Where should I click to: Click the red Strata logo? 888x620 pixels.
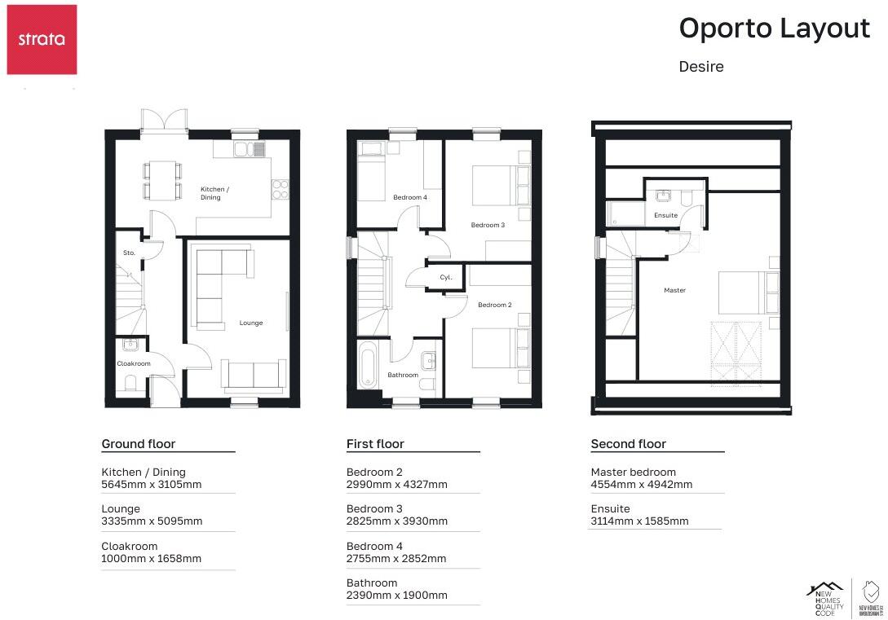tap(42, 39)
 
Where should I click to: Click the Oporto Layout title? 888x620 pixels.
tap(774, 29)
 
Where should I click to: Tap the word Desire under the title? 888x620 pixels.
tap(701, 67)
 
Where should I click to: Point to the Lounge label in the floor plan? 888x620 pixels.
tap(251, 323)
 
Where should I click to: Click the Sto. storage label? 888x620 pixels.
tap(129, 253)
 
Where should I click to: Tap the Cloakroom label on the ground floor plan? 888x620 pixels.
tap(134, 364)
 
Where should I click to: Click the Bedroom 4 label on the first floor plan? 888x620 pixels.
tap(409, 198)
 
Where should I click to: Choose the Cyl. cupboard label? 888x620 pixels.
tap(446, 278)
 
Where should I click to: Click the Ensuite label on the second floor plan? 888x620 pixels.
tap(666, 216)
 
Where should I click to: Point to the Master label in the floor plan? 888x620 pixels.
tap(674, 291)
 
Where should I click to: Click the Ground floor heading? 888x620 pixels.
tap(138, 444)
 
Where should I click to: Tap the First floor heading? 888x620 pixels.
tap(375, 444)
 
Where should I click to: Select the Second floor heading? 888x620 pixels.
tap(628, 444)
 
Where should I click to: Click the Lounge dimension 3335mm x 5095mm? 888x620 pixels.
tap(152, 521)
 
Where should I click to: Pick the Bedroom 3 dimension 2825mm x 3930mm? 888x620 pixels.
tap(397, 521)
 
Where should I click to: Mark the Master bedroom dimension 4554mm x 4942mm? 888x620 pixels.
tap(642, 484)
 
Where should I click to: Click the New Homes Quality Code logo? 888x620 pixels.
tap(828, 598)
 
